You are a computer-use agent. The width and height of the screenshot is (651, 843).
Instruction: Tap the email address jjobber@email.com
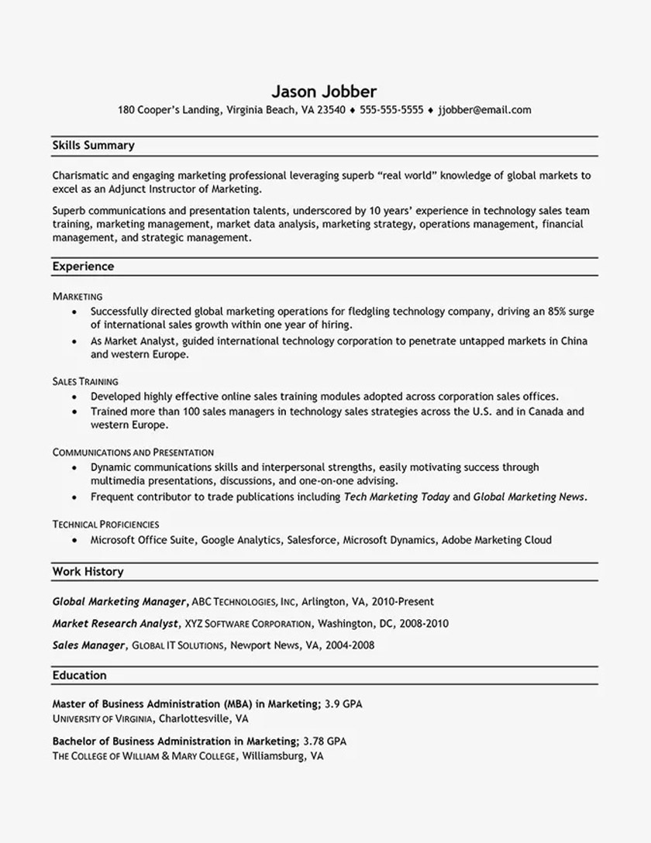click(x=484, y=110)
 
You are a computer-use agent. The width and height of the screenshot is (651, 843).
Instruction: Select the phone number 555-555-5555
click(x=391, y=110)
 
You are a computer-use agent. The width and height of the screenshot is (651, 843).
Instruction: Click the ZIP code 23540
click(x=330, y=110)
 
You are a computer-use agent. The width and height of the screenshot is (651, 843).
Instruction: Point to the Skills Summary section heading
click(x=93, y=145)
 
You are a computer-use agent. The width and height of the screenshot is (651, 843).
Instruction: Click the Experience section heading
click(x=83, y=267)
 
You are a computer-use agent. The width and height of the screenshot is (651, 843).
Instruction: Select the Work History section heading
click(x=88, y=572)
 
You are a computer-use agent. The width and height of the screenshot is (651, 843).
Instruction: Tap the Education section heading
click(x=79, y=676)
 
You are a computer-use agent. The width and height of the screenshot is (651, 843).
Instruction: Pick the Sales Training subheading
click(x=85, y=381)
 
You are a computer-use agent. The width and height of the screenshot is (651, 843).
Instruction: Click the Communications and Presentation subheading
click(x=133, y=452)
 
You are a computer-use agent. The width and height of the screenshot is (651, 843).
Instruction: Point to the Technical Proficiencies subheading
click(x=105, y=525)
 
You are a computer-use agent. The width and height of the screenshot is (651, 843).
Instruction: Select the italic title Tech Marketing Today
click(x=396, y=497)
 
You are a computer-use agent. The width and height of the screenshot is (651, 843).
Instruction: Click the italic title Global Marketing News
click(x=529, y=497)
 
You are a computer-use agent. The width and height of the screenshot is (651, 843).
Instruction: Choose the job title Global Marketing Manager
click(x=119, y=601)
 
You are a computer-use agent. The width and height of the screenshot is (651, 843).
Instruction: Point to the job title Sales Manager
click(x=88, y=645)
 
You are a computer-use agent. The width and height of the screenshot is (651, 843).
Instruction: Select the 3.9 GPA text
click(x=343, y=704)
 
